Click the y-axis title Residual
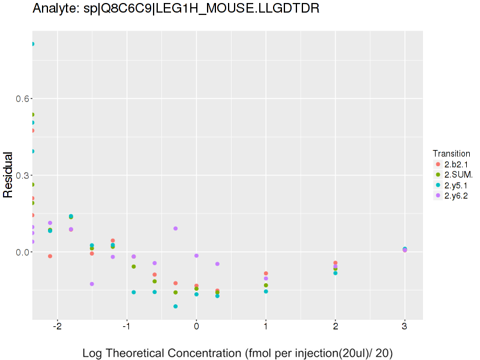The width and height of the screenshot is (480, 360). tap(8, 175)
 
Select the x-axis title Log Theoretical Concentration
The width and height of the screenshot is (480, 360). tap(237, 353)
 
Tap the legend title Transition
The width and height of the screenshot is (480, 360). tap(451, 153)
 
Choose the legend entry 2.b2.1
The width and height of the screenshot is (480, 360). tap(456, 164)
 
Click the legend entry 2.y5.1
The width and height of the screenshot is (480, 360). tap(456, 185)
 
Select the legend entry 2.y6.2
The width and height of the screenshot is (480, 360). tap(456, 195)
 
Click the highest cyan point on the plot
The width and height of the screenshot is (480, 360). tap(32, 44)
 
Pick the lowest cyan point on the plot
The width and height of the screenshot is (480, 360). tap(176, 307)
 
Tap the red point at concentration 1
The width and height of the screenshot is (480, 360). tap(266, 274)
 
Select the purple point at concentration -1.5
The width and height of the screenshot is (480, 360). tap(92, 284)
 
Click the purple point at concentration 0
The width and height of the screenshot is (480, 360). tap(196, 256)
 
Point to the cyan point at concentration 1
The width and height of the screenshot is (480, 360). tap(266, 292)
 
